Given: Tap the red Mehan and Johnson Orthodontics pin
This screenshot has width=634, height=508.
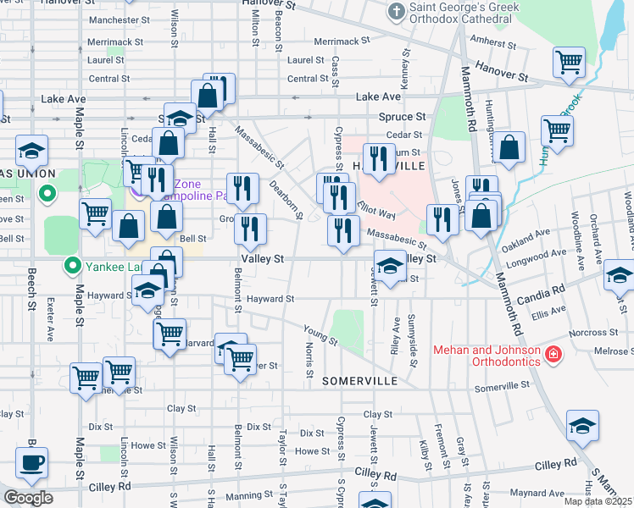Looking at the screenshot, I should pyautogui.click(x=553, y=354).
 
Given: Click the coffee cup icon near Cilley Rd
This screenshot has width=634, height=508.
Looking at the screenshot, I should pyautogui.click(x=32, y=462).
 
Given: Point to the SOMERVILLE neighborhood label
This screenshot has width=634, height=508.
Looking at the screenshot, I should pyautogui.click(x=359, y=382).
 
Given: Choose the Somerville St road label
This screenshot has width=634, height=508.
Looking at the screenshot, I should pyautogui.click(x=502, y=386).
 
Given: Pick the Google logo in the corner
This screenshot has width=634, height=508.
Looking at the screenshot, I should pyautogui.click(x=28, y=498).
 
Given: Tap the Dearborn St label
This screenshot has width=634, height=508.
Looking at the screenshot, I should pyautogui.click(x=286, y=198).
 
